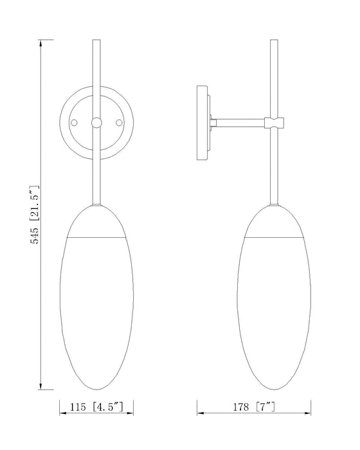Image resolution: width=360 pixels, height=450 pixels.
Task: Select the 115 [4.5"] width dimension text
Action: (97, 407)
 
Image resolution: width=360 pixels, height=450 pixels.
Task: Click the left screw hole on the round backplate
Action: (75, 122)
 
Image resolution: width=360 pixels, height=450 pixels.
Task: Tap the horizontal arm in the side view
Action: (239, 120)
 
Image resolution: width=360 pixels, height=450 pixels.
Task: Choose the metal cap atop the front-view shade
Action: (96, 222)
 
